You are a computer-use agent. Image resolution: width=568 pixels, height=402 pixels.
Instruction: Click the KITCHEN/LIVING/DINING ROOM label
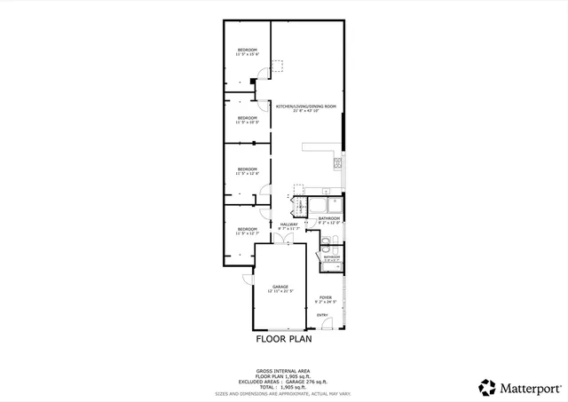coord(306,106)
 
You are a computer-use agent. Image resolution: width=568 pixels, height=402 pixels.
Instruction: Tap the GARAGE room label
coord(280,287)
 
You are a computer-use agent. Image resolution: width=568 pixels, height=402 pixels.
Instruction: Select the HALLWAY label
coord(289,225)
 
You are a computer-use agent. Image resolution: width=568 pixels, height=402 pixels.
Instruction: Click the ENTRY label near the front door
coord(321,315)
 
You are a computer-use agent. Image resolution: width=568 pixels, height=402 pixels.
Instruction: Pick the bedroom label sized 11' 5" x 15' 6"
coord(247,50)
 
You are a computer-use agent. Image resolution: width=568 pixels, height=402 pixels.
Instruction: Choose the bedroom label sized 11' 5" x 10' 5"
coord(247,117)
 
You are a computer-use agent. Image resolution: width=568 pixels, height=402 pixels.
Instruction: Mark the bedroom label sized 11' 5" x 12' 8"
coord(247,169)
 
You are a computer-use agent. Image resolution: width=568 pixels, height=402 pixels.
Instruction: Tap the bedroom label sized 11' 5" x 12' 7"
coord(247,229)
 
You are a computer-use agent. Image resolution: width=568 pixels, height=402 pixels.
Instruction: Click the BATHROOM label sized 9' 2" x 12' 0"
coord(330,217)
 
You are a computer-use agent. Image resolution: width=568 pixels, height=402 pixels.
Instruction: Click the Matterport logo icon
coord(487,387)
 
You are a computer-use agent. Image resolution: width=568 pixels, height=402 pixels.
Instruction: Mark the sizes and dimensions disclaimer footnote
coord(284,394)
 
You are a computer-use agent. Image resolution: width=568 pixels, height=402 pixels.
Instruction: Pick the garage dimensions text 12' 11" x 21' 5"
coord(280,291)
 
